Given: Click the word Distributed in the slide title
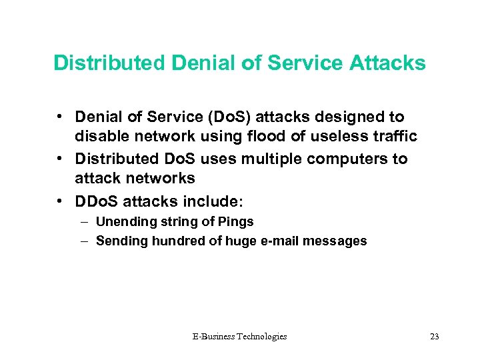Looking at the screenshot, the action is tap(109, 63).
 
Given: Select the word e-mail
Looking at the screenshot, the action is tap(274, 241).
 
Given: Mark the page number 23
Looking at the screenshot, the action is tap(435, 337).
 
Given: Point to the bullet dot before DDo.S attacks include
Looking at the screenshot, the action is tap(60, 199).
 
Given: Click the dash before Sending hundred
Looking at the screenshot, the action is tap(85, 241).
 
